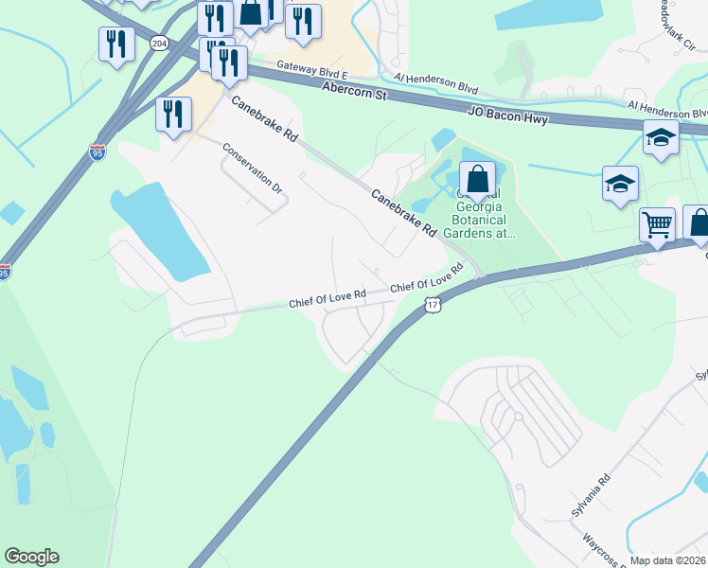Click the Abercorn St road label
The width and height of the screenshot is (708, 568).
coord(355,90)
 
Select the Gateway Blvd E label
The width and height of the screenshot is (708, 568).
coord(313,69)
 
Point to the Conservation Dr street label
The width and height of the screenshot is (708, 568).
coord(253,169)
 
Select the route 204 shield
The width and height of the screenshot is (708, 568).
coord(159,44)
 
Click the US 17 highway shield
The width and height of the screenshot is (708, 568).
coord(433,305)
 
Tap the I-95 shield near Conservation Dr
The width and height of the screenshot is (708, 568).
coord(97,151)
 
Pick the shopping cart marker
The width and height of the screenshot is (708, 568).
coord(657,225)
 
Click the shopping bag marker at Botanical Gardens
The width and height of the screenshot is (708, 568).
coord(478,178)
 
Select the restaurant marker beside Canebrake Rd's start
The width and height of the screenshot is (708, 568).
coord(174,115)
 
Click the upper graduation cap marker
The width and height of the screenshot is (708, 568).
coord(661,137)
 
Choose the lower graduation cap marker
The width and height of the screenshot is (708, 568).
coord(620,183)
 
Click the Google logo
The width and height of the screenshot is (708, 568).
coord(31,557)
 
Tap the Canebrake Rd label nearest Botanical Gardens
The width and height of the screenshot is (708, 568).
coord(403,213)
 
